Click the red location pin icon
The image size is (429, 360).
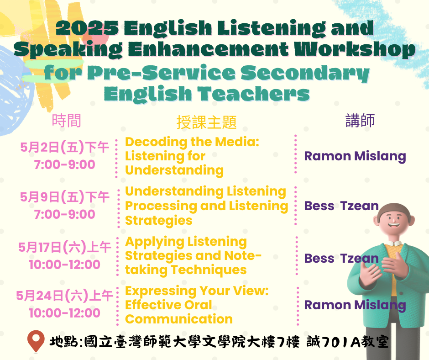(x=36, y=341)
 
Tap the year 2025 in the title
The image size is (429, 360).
(x=87, y=28)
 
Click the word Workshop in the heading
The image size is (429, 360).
(x=355, y=49)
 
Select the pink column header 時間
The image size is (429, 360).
(x=67, y=121)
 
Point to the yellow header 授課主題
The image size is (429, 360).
(x=207, y=122)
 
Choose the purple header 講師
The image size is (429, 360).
(x=360, y=121)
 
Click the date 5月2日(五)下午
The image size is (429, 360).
(x=65, y=148)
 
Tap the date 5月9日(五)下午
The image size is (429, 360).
(x=65, y=197)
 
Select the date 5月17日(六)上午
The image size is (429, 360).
(x=65, y=247)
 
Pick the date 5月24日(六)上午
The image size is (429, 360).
(x=65, y=296)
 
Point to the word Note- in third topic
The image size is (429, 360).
(x=243, y=256)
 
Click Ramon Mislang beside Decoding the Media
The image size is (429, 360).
(x=355, y=156)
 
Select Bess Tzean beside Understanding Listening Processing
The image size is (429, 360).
(x=341, y=206)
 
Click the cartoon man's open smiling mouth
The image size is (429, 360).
(x=394, y=226)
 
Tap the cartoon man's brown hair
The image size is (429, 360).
(x=394, y=209)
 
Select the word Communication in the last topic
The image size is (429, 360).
(x=179, y=319)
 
